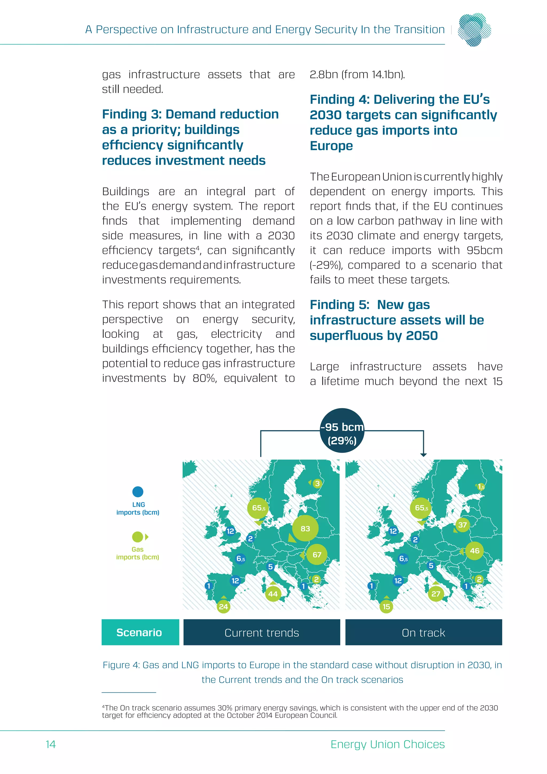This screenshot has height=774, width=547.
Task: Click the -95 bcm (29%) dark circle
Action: [x=342, y=431]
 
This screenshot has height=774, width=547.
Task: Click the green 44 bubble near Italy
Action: [x=273, y=594]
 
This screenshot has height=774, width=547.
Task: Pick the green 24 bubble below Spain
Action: [x=223, y=607]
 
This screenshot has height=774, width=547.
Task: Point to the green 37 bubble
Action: [x=462, y=525]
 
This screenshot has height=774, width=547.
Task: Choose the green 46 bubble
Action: [x=475, y=551]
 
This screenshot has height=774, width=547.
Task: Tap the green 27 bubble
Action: [x=436, y=594]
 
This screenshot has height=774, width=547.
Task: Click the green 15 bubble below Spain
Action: [x=386, y=607]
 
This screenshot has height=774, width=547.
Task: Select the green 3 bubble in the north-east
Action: [x=317, y=484]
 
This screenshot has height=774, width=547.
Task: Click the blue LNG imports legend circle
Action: [x=138, y=492]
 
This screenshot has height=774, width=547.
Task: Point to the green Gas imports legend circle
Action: [x=138, y=537]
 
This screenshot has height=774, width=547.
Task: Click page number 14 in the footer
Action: [x=50, y=744]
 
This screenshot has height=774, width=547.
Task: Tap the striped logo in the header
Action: [x=474, y=29]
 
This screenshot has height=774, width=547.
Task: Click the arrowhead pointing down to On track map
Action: [x=423, y=455]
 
